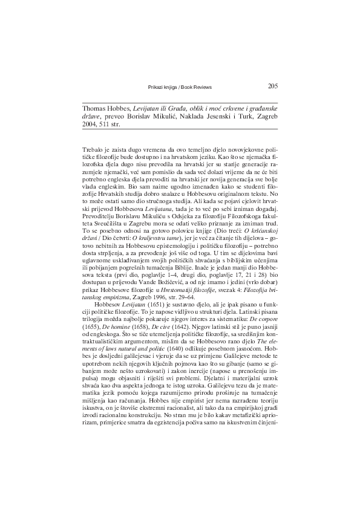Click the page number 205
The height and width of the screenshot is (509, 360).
272,85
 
